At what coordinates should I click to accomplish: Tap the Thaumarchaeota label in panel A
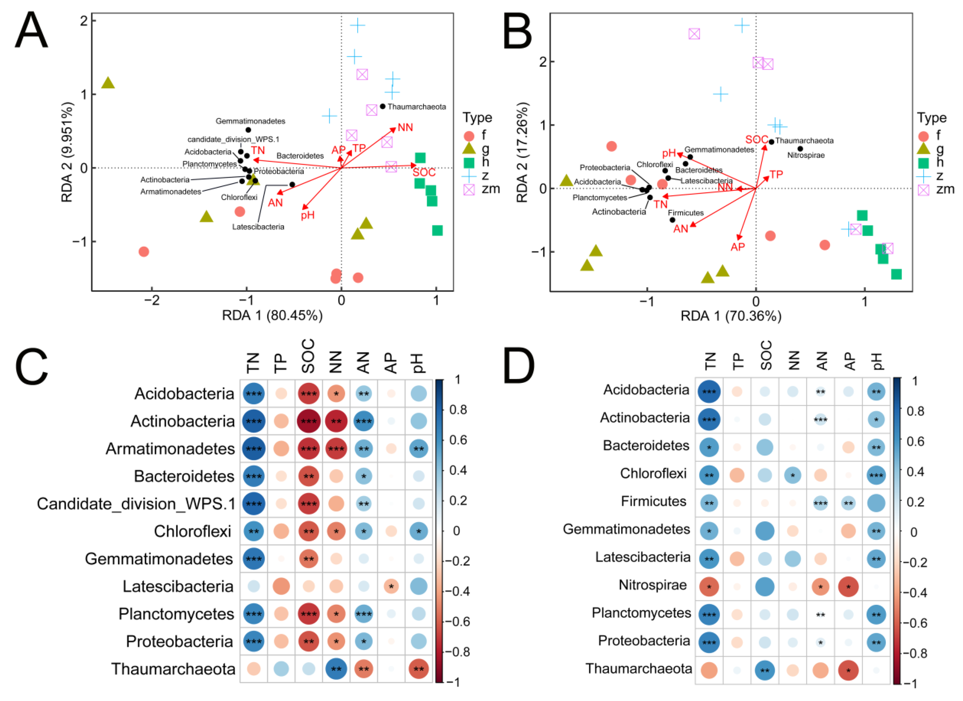click(x=417, y=107)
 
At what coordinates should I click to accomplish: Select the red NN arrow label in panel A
click(x=405, y=127)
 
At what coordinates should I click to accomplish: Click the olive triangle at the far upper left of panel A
click(x=108, y=83)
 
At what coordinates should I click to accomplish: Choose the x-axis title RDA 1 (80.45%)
click(x=272, y=315)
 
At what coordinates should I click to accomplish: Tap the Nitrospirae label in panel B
click(x=806, y=155)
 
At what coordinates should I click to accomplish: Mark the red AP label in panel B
click(x=737, y=247)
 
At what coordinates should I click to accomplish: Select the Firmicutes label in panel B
click(x=686, y=213)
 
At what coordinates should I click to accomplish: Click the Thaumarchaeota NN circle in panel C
click(x=336, y=669)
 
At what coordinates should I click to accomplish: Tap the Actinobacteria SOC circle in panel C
click(x=309, y=421)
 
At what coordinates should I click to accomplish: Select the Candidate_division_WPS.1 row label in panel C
click(x=136, y=504)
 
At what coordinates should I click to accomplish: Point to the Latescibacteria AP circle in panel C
click(x=391, y=587)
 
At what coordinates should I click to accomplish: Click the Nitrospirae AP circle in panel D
click(x=848, y=587)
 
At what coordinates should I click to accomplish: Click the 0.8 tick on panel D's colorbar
click(x=915, y=411)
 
